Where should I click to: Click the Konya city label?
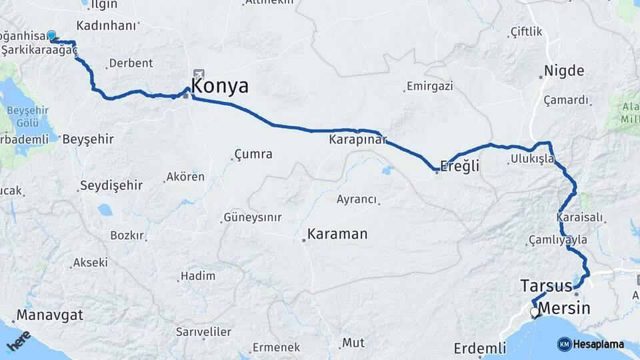click(x=219, y=86)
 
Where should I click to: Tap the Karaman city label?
click(x=337, y=234)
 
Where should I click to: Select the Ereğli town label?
click(x=461, y=166)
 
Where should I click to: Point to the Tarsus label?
click(x=545, y=286)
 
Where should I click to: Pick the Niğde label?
click(x=563, y=71)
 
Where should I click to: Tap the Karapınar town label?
click(x=357, y=141)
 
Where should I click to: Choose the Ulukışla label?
click(x=533, y=159)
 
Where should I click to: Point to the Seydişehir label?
click(x=108, y=185)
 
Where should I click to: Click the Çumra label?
click(x=253, y=154)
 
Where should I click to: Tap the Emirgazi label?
click(x=429, y=86)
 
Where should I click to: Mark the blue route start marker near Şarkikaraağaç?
click(x=51, y=35)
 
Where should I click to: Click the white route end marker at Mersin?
click(x=535, y=312)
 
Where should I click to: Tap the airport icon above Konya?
click(x=199, y=74)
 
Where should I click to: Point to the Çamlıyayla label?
click(x=557, y=239)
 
